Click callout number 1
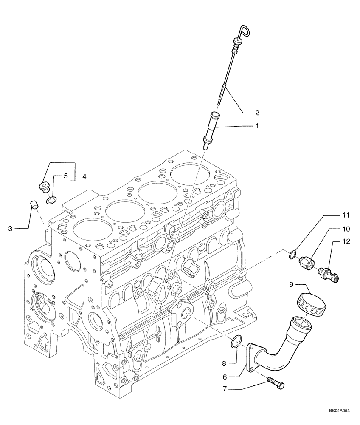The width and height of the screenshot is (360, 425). pos(257,126)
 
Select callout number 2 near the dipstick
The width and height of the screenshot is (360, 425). pos(257,113)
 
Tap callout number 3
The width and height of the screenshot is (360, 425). pos(11,229)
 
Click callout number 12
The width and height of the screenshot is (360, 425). pos(346,242)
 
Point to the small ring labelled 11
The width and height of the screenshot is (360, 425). pos(292,255)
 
